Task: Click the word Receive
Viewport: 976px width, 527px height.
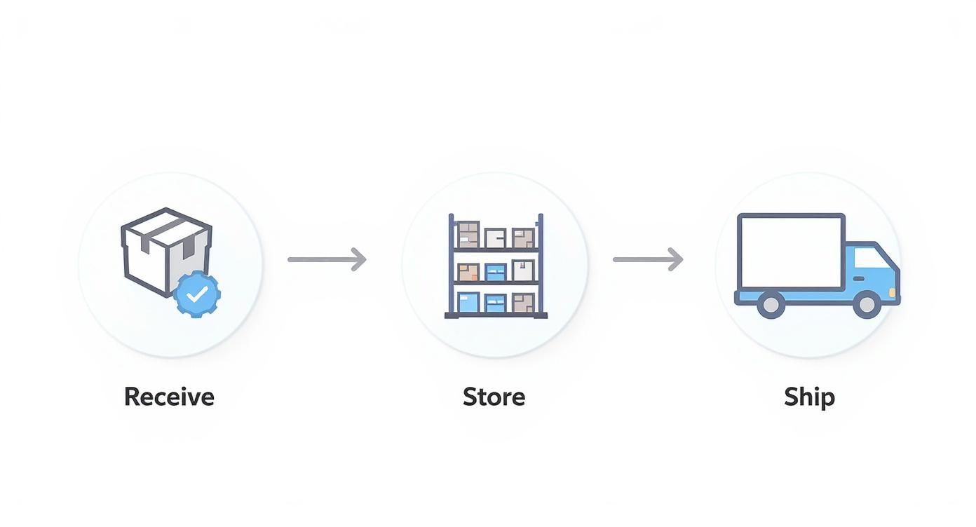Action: [169, 397]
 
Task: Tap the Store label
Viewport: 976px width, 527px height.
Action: [494, 397]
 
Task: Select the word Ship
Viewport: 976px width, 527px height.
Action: [809, 397]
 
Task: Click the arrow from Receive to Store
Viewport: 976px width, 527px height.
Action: [327, 259]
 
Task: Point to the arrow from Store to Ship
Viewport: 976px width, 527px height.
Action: [647, 259]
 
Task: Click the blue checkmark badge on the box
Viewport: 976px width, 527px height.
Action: [197, 295]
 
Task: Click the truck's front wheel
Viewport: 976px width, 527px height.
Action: [867, 304]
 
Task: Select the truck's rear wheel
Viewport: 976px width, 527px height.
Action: [771, 304]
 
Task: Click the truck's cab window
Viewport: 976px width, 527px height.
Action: [870, 259]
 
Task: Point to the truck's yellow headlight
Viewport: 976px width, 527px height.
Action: [892, 291]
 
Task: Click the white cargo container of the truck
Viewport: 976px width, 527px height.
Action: [790, 252]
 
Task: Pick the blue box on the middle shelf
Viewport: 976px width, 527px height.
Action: [496, 272]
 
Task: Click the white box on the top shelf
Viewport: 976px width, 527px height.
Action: [495, 238]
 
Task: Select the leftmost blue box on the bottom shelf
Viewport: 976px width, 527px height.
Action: [468, 302]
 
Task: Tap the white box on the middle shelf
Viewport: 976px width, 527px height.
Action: [522, 271]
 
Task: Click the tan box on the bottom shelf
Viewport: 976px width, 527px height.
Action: [522, 303]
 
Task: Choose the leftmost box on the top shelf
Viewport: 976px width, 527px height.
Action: [468, 235]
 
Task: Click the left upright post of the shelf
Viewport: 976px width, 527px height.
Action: [451, 266]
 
